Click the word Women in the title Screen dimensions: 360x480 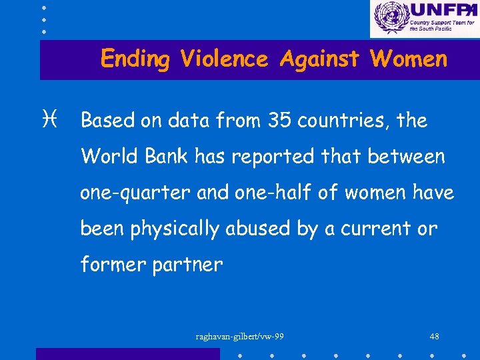(x=409, y=59)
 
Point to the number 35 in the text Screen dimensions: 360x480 (x=280, y=121)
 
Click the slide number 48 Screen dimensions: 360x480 (x=434, y=336)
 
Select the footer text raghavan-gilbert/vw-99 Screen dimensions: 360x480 (x=240, y=336)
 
